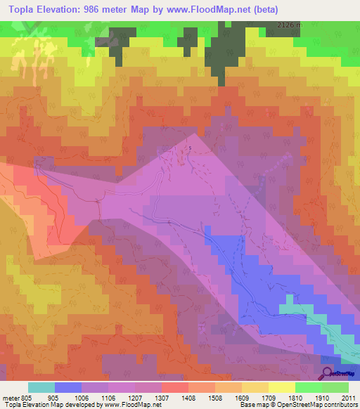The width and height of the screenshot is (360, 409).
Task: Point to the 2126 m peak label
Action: [288, 25]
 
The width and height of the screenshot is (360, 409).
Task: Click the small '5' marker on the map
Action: [190, 147]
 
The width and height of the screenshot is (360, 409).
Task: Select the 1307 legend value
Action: [161, 397]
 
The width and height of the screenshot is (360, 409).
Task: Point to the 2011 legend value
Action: [347, 397]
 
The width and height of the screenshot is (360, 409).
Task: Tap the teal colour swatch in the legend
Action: [41, 387]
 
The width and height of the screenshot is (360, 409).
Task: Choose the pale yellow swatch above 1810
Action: [282, 387]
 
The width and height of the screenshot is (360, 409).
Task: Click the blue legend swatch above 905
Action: [68, 387]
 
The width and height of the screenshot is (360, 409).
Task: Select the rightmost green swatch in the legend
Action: [335, 387]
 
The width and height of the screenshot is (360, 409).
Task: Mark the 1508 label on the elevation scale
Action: [214, 397]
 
